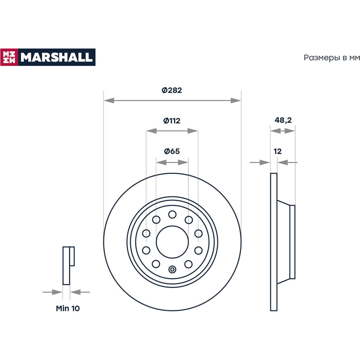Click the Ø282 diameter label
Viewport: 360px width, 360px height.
tap(172, 90)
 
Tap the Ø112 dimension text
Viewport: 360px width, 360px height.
tap(172, 121)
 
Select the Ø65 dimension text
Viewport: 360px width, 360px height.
tap(172, 151)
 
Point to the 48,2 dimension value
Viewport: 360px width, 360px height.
tap(283, 120)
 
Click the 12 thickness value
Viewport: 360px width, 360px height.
tap(278, 151)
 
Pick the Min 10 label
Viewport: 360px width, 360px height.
tap(68, 309)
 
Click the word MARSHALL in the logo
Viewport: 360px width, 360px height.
tap(57, 57)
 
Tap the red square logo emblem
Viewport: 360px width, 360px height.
tap(9, 57)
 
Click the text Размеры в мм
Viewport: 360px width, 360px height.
tap(332, 58)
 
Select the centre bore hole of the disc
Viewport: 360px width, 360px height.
tap(172, 242)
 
